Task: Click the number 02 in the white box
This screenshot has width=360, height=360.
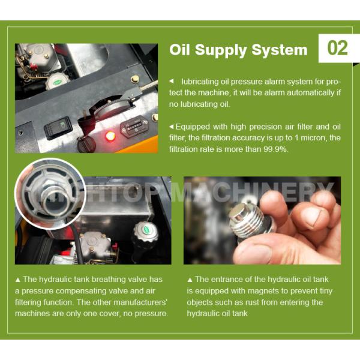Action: point(337,48)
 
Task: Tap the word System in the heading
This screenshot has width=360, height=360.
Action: point(280,50)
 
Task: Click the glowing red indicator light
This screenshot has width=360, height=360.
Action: point(110,136)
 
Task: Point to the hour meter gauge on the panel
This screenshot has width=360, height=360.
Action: point(134,127)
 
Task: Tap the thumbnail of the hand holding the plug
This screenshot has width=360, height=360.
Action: point(262,220)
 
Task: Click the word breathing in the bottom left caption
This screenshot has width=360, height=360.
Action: point(109,280)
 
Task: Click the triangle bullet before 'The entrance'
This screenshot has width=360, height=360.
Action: point(190,280)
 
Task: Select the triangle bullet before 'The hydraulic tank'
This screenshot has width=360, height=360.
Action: point(17,280)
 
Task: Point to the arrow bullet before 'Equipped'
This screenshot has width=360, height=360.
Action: point(171,127)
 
